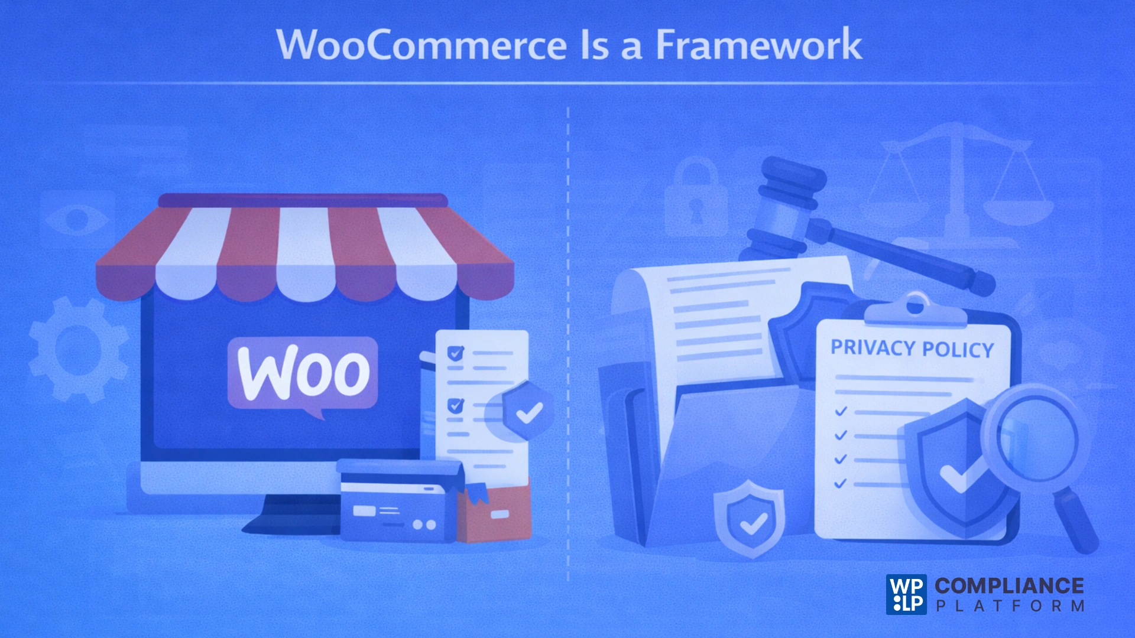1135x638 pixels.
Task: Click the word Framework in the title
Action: [x=759, y=45]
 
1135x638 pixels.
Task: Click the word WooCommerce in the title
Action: [x=421, y=45]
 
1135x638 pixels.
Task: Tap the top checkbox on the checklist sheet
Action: [x=455, y=353]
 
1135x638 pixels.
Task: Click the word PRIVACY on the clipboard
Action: [x=873, y=347]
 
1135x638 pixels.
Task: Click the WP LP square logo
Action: [x=906, y=594]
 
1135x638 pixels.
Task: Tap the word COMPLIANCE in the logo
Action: [x=1009, y=585]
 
